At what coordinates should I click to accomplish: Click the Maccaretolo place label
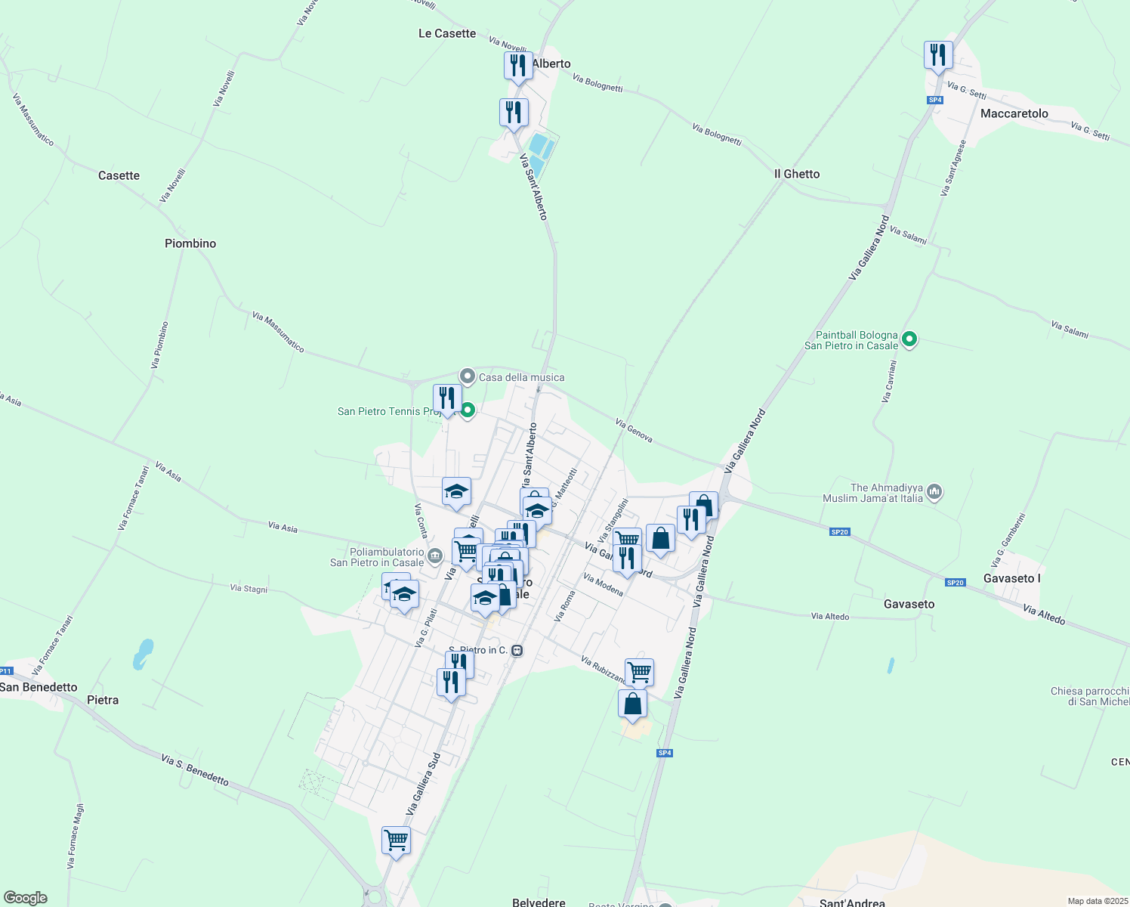pos(1014,113)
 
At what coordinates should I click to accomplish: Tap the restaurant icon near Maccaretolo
pos(938,55)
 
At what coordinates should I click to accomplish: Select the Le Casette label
pos(447,33)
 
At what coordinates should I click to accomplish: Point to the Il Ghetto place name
pos(797,174)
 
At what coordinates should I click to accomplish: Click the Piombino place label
pos(190,243)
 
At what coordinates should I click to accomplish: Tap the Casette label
pos(119,175)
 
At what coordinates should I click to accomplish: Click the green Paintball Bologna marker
pos(909,339)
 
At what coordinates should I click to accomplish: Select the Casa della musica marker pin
pos(468,376)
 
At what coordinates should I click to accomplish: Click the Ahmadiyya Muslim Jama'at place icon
pos(934,492)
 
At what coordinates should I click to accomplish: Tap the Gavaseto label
pos(909,604)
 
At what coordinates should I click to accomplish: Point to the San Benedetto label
pos(39,687)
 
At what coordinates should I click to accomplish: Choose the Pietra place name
pos(103,700)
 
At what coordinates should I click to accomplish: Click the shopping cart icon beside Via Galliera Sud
pos(396,840)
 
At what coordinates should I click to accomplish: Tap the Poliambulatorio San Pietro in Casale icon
pos(434,557)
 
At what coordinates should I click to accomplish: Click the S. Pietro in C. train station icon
pos(517,650)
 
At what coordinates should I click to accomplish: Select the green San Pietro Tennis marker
pos(468,410)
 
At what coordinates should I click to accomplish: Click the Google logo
pos(25,898)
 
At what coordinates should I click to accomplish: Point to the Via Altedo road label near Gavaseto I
pos(1044,614)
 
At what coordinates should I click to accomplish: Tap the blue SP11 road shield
pos(6,671)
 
